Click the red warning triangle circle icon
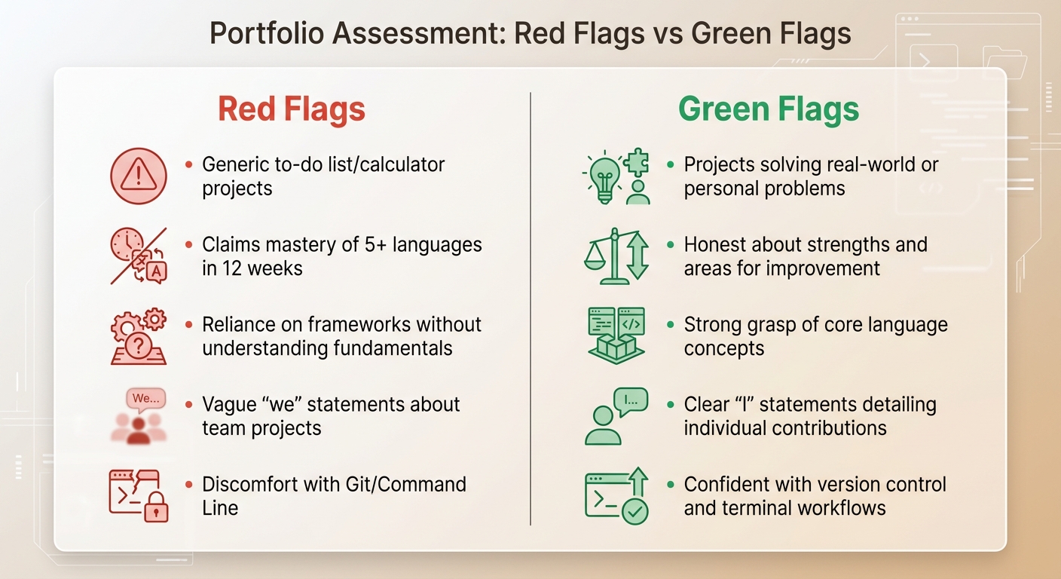(138, 176)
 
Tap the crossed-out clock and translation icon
(138, 256)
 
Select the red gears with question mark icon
(138, 336)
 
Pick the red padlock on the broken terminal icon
(157, 510)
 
